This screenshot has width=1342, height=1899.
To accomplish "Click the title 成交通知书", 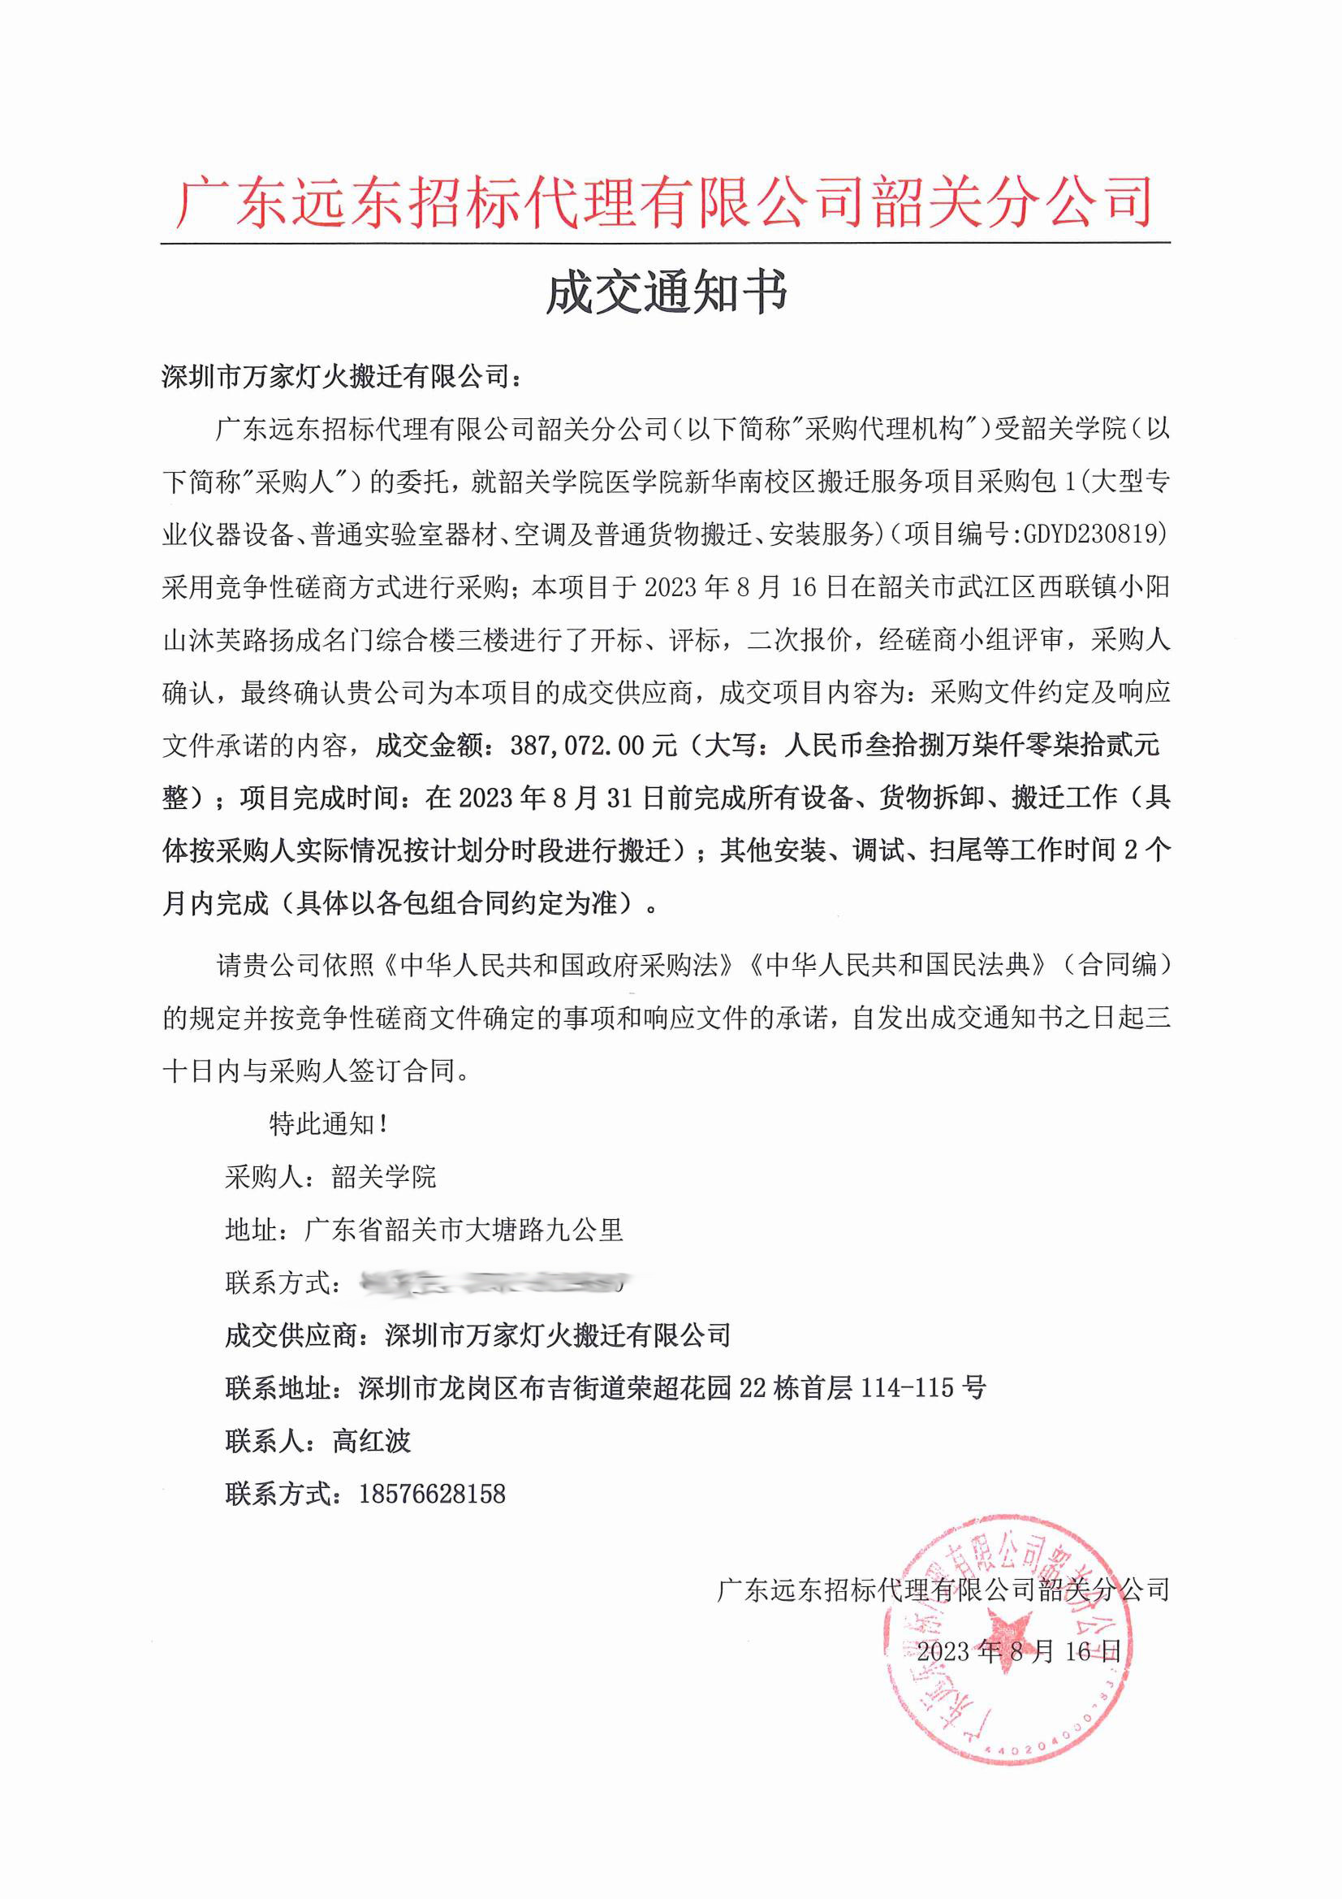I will click(x=667, y=292).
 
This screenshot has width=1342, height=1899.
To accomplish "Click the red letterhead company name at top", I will click(x=665, y=202).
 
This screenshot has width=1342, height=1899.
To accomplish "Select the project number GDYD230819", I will click(x=1094, y=534).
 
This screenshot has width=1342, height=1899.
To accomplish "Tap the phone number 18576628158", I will click(x=432, y=1494).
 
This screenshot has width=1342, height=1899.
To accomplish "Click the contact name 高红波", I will click(x=371, y=1441).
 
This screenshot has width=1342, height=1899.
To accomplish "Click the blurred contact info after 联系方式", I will click(x=494, y=1283).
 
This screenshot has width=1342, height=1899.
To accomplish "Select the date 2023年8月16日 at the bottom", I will click(x=1018, y=1652).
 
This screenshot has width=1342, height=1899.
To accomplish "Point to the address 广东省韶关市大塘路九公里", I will click(x=464, y=1230).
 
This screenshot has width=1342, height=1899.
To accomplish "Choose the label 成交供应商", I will click(x=290, y=1335).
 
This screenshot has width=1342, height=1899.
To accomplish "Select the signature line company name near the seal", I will click(x=943, y=1589).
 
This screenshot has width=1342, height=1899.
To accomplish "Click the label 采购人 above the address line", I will click(x=264, y=1177).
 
